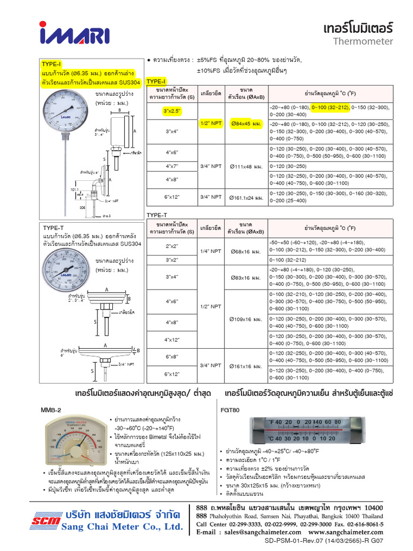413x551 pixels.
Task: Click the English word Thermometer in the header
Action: coord(363,41)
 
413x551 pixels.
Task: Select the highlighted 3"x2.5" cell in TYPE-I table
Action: coord(172,111)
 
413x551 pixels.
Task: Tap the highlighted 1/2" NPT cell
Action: coord(211,123)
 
